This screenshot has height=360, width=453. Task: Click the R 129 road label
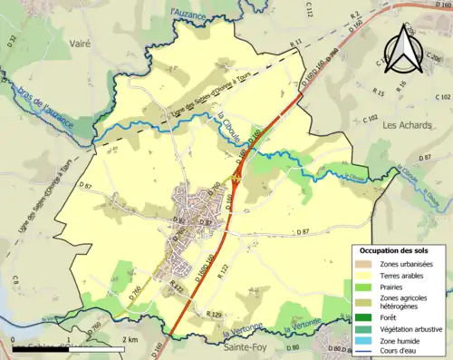tap(214, 314)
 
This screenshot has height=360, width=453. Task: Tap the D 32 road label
tap(12, 41)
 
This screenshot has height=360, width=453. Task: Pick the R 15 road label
tap(378, 92)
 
